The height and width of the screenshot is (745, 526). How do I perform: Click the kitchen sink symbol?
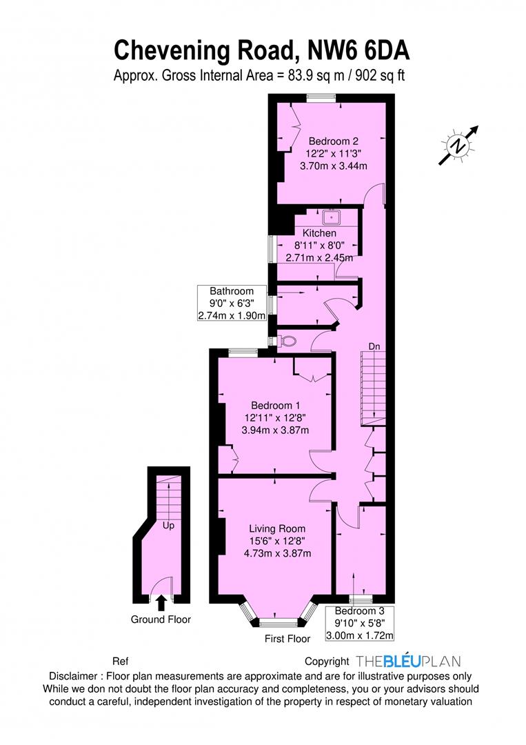[x=332, y=217]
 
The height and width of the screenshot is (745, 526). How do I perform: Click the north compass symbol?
[x=458, y=146]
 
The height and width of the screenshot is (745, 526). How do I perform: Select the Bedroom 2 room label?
[x=333, y=141]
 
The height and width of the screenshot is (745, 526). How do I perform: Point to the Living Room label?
[x=277, y=528]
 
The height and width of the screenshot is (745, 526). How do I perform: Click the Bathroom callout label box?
[x=232, y=303]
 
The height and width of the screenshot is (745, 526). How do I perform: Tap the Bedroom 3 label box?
[x=359, y=623]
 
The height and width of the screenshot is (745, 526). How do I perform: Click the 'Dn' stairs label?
[x=374, y=346]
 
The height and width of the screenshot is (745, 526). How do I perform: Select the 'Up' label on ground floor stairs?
[x=168, y=526]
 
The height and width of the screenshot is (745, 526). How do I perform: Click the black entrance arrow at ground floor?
[x=161, y=603]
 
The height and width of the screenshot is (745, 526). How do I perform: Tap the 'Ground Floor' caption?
[x=161, y=619]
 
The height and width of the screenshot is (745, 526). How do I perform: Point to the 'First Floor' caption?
[x=287, y=639]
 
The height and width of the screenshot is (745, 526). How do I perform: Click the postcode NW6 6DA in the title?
[x=358, y=50]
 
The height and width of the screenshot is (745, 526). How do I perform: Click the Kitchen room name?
[x=319, y=233]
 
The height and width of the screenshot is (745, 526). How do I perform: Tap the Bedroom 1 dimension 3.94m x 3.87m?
[x=275, y=430]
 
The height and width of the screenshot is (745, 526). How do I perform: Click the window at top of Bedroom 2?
[x=321, y=98]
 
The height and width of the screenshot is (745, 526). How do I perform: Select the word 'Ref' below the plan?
[x=121, y=662]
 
